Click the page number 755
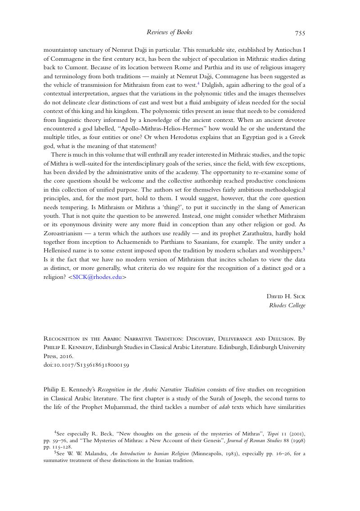tap(300, 33)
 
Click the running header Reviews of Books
tap(170, 32)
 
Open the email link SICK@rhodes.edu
tap(97, 278)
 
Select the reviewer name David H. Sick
tap(286, 296)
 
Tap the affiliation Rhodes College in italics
tap(287, 305)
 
